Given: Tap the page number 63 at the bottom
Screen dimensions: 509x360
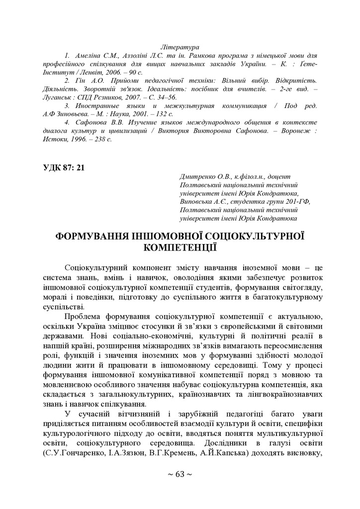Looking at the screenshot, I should (x=180, y=474).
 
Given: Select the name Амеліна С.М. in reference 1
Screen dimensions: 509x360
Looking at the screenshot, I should (x=96, y=55).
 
